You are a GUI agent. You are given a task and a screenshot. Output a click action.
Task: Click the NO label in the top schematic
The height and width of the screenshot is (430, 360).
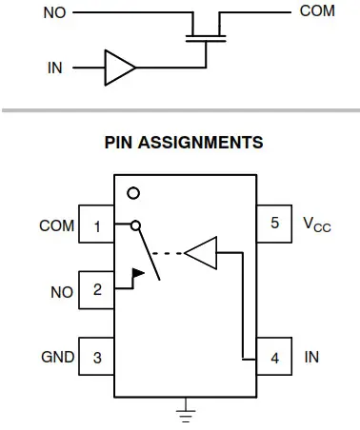click(54, 13)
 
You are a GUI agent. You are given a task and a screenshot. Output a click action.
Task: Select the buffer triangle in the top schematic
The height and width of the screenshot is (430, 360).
click(119, 68)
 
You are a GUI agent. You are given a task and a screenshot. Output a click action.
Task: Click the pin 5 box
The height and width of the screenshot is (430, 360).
click(275, 225)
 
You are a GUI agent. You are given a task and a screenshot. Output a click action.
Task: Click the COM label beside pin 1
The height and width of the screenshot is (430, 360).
click(55, 226)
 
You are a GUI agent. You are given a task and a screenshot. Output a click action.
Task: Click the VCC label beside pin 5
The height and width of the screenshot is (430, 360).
click(317, 225)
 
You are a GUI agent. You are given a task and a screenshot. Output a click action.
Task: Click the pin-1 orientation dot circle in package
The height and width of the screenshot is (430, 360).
click(133, 193)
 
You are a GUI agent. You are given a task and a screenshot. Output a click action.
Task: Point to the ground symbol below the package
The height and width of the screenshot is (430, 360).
click(186, 413)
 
